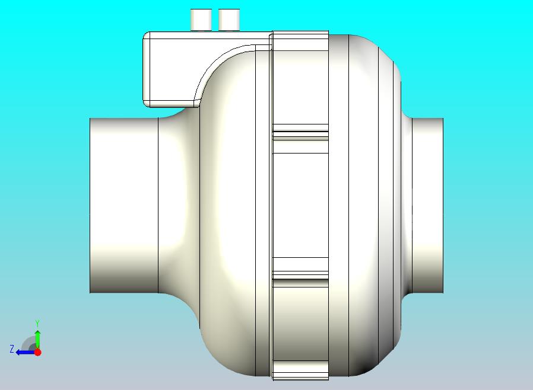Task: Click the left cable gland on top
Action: coord(201,20)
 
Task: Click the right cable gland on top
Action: coord(229,20)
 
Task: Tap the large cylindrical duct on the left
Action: coord(123,205)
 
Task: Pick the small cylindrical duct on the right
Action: coord(427,205)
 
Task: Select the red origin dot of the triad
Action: coord(37,352)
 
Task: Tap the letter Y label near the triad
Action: coord(37,323)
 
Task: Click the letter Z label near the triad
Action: coord(11,349)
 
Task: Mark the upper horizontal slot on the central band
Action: coord(300,132)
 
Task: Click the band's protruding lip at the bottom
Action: coord(300,373)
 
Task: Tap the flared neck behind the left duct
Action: coord(178,204)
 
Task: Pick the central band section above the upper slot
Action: coord(300,83)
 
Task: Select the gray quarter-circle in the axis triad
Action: coord(30,344)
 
